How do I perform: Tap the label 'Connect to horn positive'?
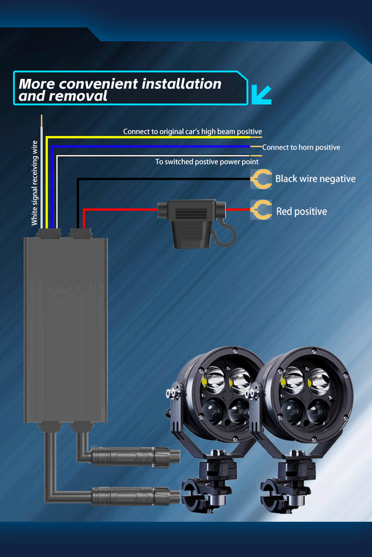click(x=301, y=147)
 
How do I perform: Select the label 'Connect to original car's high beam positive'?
click(x=192, y=132)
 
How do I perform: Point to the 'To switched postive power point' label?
click(x=207, y=162)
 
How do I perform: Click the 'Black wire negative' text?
click(x=315, y=179)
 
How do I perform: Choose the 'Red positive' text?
click(x=301, y=212)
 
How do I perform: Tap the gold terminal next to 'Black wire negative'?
click(x=262, y=179)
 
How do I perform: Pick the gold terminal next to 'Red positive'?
click(x=262, y=209)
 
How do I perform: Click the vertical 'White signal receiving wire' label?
click(x=34, y=183)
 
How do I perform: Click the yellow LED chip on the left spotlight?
click(x=206, y=382)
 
